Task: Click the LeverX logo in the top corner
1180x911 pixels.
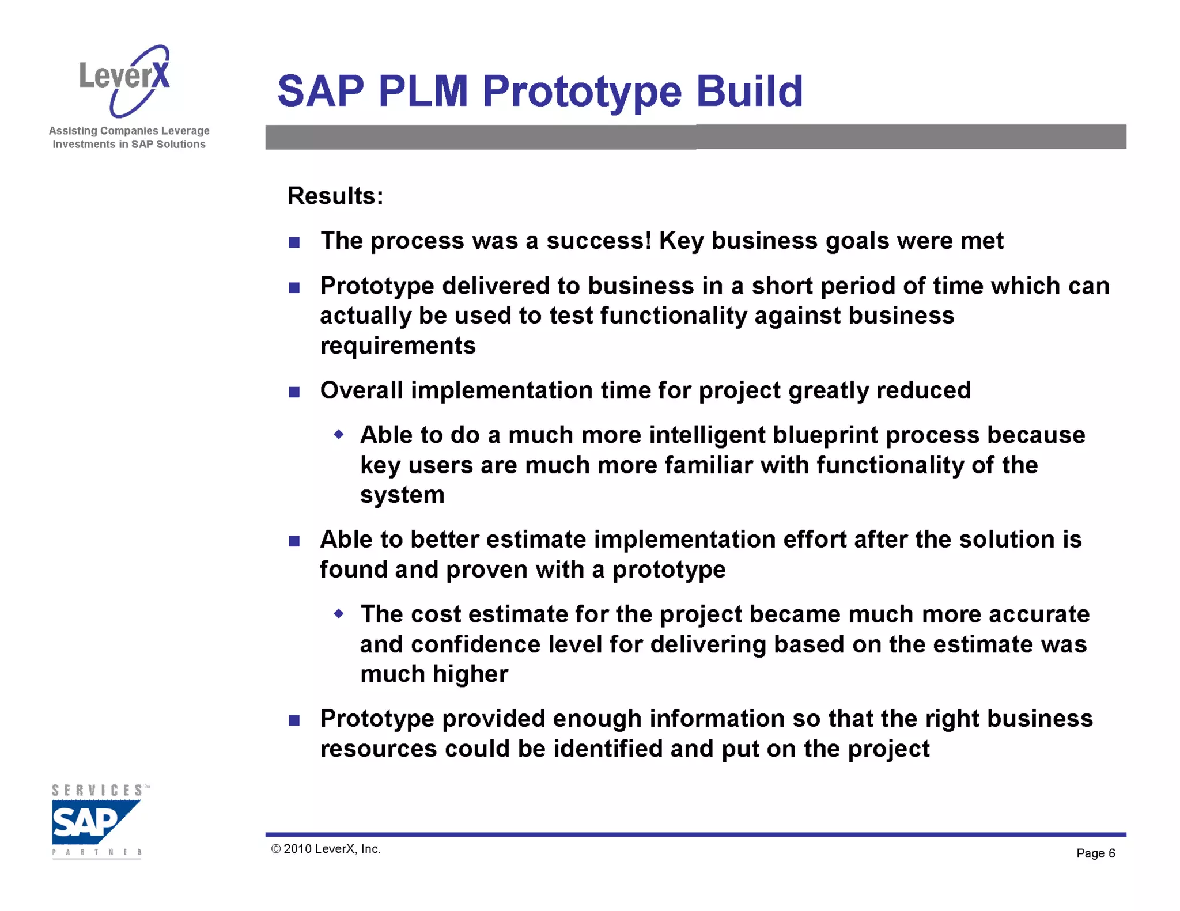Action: [125, 80]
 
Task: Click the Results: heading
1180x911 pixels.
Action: [335, 196]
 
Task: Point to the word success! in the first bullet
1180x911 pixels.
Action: [599, 241]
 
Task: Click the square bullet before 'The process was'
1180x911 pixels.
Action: [294, 242]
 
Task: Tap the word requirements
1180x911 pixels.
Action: [398, 346]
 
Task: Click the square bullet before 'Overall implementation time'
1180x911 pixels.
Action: [294, 392]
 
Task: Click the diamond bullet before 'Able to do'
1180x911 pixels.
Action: [339, 435]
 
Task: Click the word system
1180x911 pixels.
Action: [402, 495]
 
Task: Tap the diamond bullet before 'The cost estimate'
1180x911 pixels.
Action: [339, 614]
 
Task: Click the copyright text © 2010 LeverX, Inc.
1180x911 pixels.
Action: [326, 849]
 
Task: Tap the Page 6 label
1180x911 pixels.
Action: [1095, 853]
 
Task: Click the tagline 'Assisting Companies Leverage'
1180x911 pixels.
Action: [129, 131]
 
